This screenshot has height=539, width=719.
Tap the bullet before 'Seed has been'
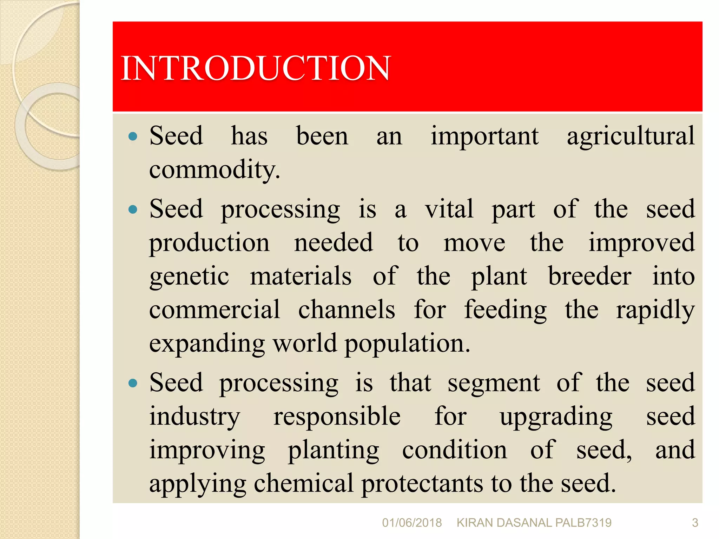pyautogui.click(x=133, y=136)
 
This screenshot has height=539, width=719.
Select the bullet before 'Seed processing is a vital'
pyautogui.click(x=133, y=209)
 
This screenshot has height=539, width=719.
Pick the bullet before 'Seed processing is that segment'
pyautogui.click(x=133, y=383)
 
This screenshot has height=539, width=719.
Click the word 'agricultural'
pyautogui.click(x=631, y=136)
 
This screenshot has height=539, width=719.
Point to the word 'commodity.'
pyautogui.click(x=215, y=170)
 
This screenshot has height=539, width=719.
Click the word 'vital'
pyautogui.click(x=449, y=209)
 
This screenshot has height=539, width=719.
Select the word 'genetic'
pyautogui.click(x=189, y=277)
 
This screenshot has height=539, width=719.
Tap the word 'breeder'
pyautogui.click(x=590, y=276)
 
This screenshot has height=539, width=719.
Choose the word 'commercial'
pyautogui.click(x=215, y=310)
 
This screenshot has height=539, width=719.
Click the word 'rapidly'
pyautogui.click(x=655, y=310)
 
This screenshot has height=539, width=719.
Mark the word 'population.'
pyautogui.click(x=407, y=344)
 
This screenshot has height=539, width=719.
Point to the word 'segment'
pyautogui.click(x=494, y=383)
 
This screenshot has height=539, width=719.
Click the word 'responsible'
pyautogui.click(x=337, y=417)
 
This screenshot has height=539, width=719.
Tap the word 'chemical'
pyautogui.click(x=303, y=483)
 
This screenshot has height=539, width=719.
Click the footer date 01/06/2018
pyautogui.click(x=412, y=523)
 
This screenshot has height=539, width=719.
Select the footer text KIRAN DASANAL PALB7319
pyautogui.click(x=534, y=523)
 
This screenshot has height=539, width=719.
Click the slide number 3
pyautogui.click(x=695, y=523)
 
